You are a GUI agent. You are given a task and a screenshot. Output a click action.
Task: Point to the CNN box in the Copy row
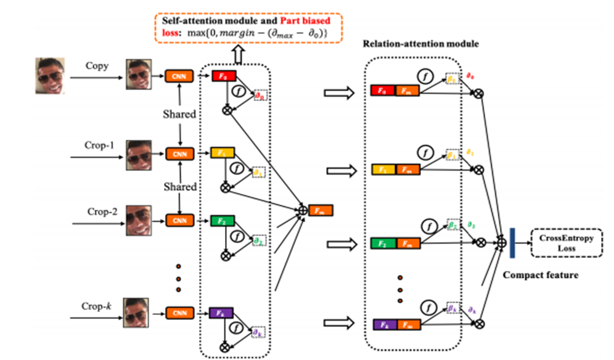pyautogui.click(x=178, y=76)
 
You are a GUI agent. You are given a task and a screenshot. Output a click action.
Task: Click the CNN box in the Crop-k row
pyautogui.click(x=178, y=313)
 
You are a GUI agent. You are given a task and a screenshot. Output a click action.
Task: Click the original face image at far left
pyautogui.click(x=49, y=75)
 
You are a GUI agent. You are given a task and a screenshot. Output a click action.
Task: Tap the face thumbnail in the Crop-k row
pyautogui.click(x=139, y=312)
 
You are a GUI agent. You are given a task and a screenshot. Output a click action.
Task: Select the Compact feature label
pyautogui.click(x=541, y=275)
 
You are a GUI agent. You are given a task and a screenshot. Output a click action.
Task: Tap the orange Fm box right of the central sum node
pyautogui.click(x=321, y=211)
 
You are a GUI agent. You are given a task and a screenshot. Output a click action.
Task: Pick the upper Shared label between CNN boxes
pyautogui.click(x=179, y=115)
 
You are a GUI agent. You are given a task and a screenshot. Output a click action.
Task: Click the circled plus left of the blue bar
pyautogui.click(x=502, y=243)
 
